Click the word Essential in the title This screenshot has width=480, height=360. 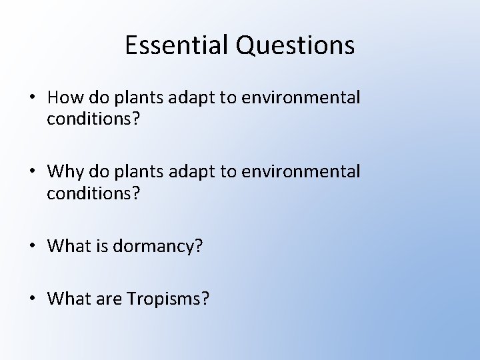[x=177, y=45]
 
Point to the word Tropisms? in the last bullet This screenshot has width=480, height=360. [x=173, y=298]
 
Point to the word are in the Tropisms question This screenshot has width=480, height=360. [x=105, y=298]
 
